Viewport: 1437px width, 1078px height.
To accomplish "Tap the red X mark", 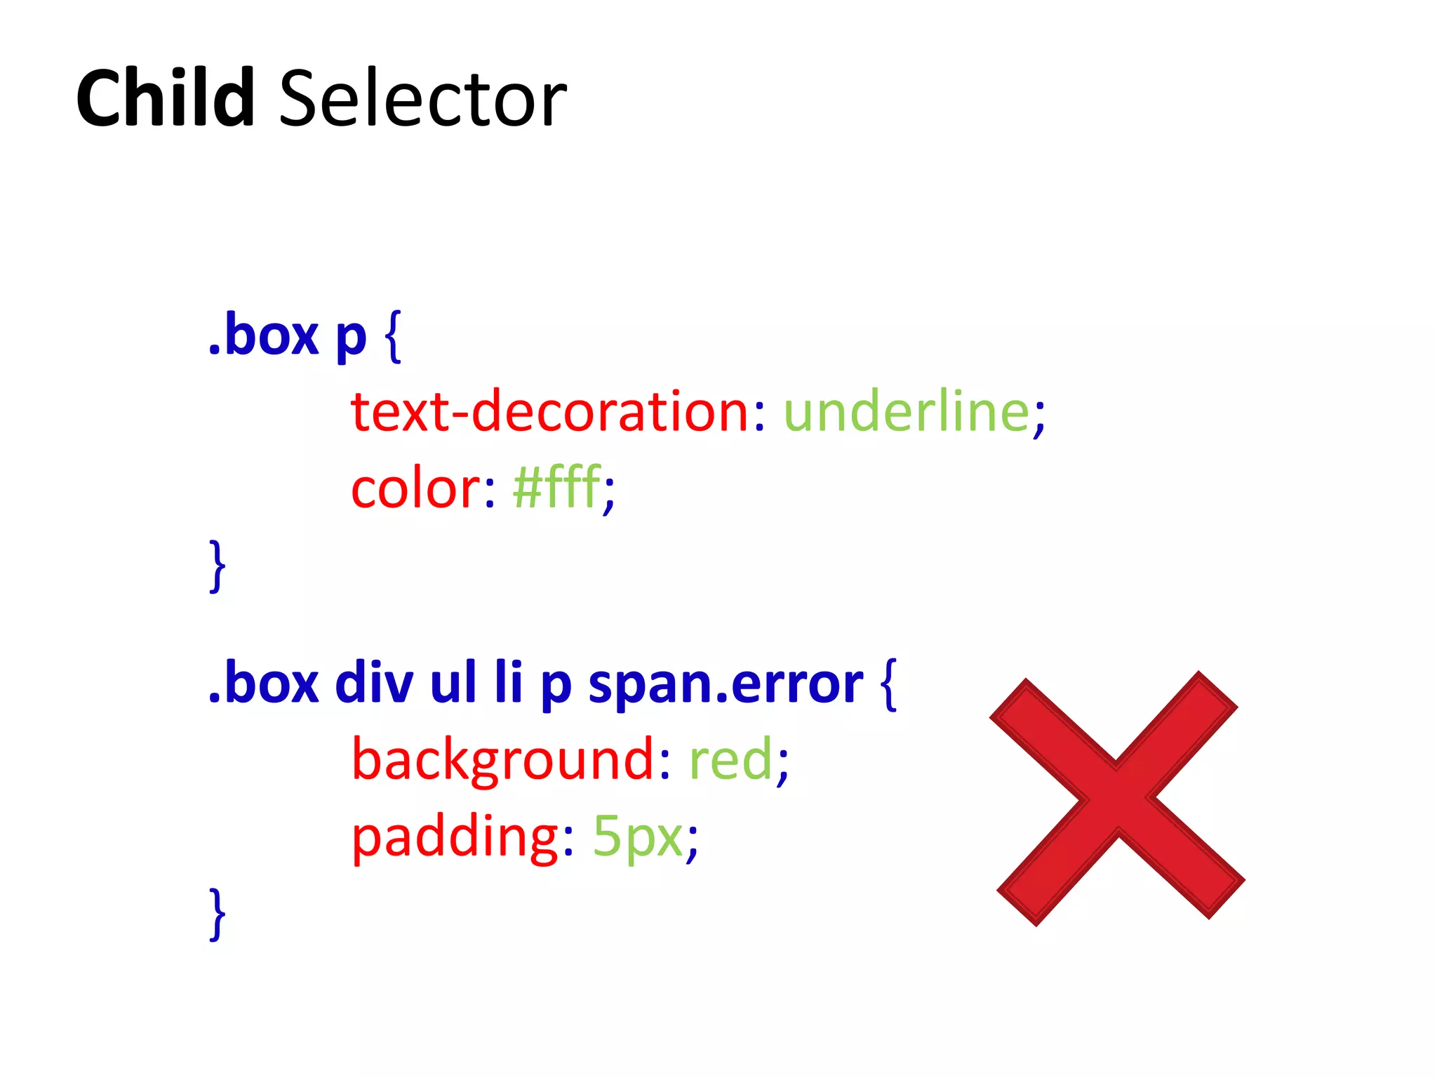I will (1117, 798).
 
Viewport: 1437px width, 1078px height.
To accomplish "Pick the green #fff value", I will (556, 487).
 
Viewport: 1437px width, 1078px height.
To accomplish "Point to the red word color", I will (415, 488).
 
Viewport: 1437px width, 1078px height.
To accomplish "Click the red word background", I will (503, 761).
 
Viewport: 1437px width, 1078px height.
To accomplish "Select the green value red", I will (730, 761).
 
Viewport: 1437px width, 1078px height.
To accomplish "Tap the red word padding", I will (455, 837).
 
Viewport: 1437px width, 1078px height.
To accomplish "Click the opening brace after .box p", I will (394, 337).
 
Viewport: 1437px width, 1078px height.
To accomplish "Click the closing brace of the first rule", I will (218, 566).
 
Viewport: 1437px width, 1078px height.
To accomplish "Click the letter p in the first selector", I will (351, 340).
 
